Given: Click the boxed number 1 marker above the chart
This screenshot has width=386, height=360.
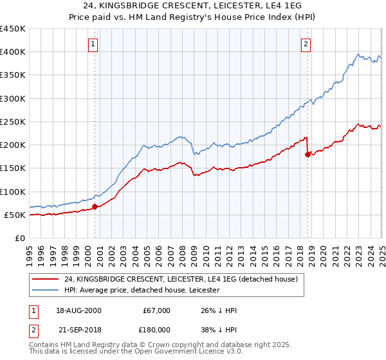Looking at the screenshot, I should point(94,44).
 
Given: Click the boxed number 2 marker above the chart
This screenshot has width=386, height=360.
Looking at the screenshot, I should point(306,44).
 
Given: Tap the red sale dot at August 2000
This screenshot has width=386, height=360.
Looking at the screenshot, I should point(95,207).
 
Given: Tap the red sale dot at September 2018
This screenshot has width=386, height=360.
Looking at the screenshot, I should point(308,154).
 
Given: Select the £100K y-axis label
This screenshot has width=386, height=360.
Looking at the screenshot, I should point(13,192).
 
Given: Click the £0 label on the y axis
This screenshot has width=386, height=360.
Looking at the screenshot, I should point(21,239).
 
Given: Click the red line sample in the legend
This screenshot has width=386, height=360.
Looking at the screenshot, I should point(44,280).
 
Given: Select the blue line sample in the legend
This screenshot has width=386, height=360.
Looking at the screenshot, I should point(44,291).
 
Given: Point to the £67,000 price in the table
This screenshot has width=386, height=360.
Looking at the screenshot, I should point(156,310).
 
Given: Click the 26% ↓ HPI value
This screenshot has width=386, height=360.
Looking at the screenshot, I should point(219,310).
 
